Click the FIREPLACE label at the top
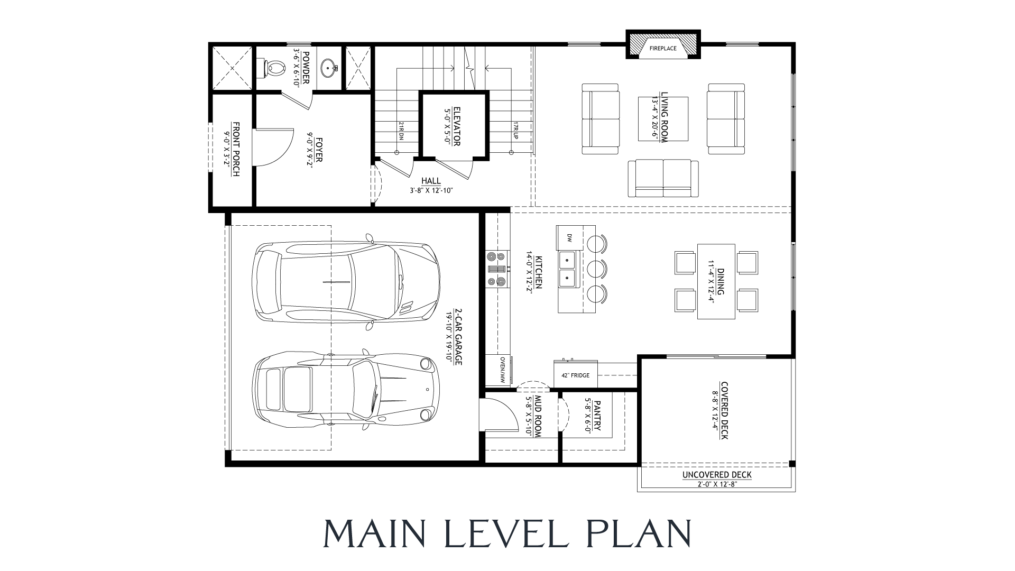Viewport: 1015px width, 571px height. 663,49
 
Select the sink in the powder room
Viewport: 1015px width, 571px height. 330,68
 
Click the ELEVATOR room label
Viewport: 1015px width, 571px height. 457,127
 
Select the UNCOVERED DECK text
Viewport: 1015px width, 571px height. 716,475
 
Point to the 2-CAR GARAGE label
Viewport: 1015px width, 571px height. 458,337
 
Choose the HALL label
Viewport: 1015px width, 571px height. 431,181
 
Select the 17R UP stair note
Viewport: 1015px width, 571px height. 515,131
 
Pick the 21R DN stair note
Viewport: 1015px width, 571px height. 401,131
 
